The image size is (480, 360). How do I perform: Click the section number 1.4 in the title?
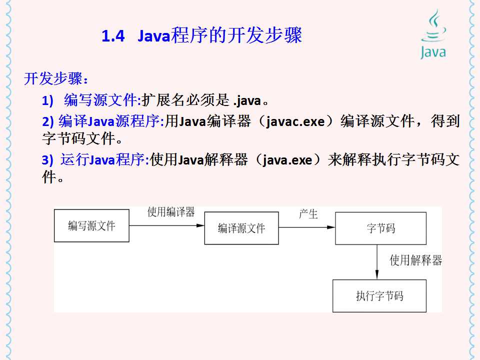[x=112, y=37]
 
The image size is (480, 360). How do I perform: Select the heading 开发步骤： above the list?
[x=56, y=79]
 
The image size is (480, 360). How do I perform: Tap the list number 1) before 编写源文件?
[x=47, y=101]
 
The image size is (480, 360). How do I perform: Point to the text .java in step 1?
[x=247, y=101]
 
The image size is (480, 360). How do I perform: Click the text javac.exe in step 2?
[x=295, y=121]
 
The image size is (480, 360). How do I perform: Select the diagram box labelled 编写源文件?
[x=91, y=226]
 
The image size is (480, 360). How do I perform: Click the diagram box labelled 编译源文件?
[x=241, y=228]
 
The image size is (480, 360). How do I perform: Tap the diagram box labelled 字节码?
[x=380, y=228]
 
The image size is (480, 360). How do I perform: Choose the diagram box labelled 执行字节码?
[x=379, y=296]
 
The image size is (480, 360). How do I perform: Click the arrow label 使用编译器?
[x=171, y=212]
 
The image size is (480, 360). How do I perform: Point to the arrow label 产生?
[x=308, y=214]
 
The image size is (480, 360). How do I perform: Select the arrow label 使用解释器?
[x=416, y=260]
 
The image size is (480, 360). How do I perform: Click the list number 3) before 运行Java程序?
[x=47, y=160]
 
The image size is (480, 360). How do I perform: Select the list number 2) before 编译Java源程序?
[x=47, y=121]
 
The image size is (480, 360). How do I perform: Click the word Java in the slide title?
[x=154, y=37]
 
